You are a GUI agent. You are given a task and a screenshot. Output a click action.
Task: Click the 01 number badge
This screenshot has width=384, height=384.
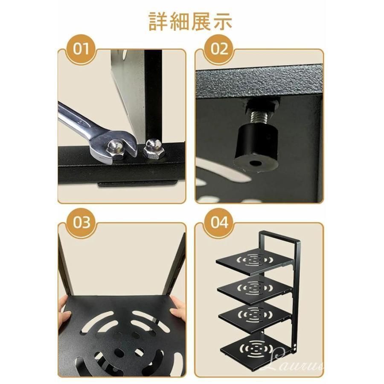pyautogui.click(x=81, y=49)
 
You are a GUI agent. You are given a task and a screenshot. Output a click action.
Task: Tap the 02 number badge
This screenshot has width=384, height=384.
pyautogui.click(x=219, y=49)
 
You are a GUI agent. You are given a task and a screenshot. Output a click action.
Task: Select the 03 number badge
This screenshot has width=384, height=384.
pyautogui.click(x=81, y=222)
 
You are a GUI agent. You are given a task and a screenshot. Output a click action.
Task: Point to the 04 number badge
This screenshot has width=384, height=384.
pyautogui.click(x=219, y=222)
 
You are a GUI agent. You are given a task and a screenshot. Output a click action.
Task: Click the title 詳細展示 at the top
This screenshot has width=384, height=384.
pyautogui.click(x=190, y=22)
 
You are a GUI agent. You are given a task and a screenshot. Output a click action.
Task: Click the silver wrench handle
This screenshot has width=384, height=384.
pyautogui.click(x=76, y=120)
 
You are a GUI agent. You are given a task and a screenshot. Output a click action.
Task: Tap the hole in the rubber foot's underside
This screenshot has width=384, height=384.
pyautogui.click(x=256, y=163)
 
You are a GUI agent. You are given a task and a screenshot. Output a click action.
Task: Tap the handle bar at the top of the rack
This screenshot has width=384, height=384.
pyautogui.click(x=279, y=236)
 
